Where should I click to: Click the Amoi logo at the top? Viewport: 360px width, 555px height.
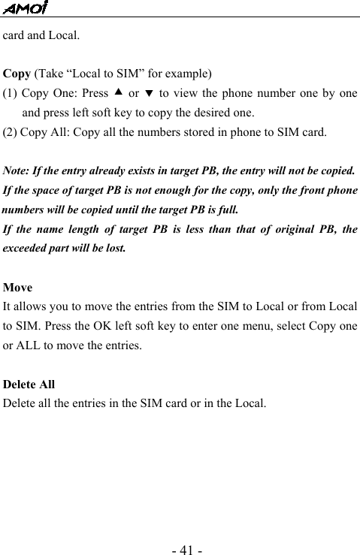pos(24,8)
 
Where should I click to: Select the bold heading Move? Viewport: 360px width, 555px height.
pos(18,288)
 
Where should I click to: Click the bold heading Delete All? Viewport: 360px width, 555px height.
pos(29,385)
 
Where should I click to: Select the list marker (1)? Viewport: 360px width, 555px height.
pos(11,94)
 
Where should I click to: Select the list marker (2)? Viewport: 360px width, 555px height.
pos(11,133)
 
